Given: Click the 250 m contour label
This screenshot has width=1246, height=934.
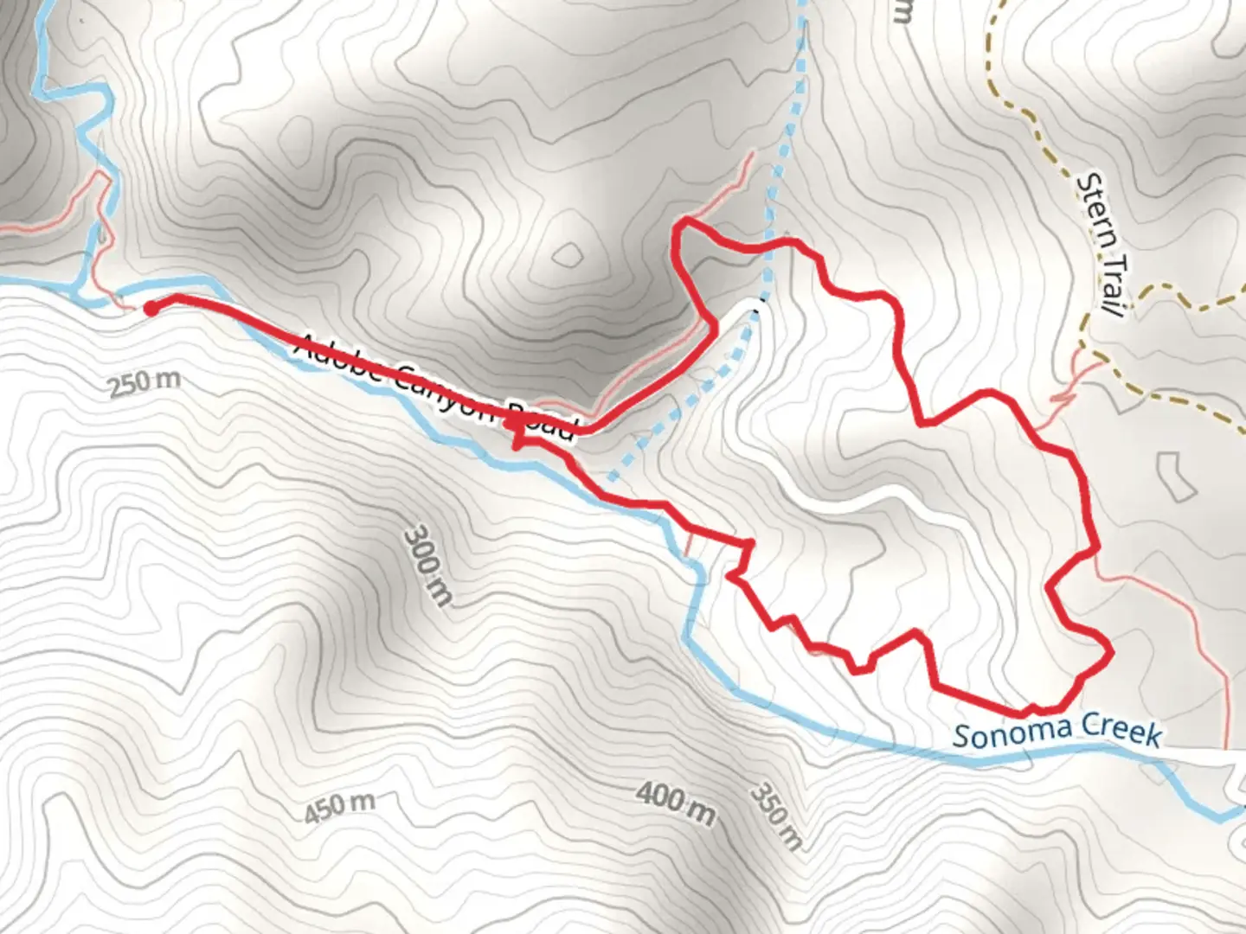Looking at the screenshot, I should tap(145, 381).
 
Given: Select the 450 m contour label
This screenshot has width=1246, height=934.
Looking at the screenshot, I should tap(339, 807).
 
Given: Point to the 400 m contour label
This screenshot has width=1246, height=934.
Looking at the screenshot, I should tap(676, 803).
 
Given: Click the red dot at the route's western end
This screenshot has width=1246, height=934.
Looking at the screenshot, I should tap(150, 308).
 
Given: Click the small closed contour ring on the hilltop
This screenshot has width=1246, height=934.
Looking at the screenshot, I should tap(568, 254).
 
